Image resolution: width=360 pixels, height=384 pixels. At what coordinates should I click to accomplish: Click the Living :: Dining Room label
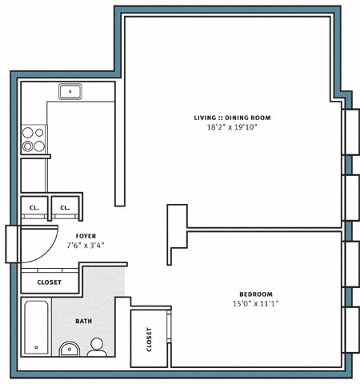tap(232, 118)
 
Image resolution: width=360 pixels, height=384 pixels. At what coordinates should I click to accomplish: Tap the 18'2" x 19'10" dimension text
tap(232, 127)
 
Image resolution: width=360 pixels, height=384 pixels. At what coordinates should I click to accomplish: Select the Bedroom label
tap(256, 294)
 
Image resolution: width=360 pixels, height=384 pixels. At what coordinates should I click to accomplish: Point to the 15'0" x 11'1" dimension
tap(256, 303)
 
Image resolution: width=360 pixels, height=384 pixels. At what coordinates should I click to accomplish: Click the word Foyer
tap(86, 236)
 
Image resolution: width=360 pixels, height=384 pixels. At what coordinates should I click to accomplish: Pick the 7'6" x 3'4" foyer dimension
tap(86, 245)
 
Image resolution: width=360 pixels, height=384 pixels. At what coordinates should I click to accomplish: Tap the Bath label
tap(84, 321)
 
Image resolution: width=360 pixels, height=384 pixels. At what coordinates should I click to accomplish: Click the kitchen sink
tap(70, 92)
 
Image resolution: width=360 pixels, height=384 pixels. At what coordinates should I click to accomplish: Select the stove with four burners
tap(34, 139)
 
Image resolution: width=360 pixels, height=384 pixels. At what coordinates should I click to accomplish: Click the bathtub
tap(37, 327)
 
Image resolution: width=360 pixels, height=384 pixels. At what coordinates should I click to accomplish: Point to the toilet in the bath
tap(97, 347)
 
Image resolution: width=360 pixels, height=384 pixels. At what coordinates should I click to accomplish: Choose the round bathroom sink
tap(70, 350)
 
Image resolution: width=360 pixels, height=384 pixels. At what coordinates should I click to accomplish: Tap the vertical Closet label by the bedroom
tap(149, 339)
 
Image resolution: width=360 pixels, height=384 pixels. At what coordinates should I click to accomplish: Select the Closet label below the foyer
tap(50, 282)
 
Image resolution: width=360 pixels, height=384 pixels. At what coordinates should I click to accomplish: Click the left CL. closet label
tap(34, 208)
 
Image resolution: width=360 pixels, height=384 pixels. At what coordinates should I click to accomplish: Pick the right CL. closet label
tap(65, 208)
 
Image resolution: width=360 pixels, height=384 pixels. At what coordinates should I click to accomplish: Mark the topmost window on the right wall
tap(350, 132)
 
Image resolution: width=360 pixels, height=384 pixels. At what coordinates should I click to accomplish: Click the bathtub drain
tap(37, 347)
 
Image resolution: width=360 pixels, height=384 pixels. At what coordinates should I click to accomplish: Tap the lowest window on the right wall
tap(350, 330)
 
